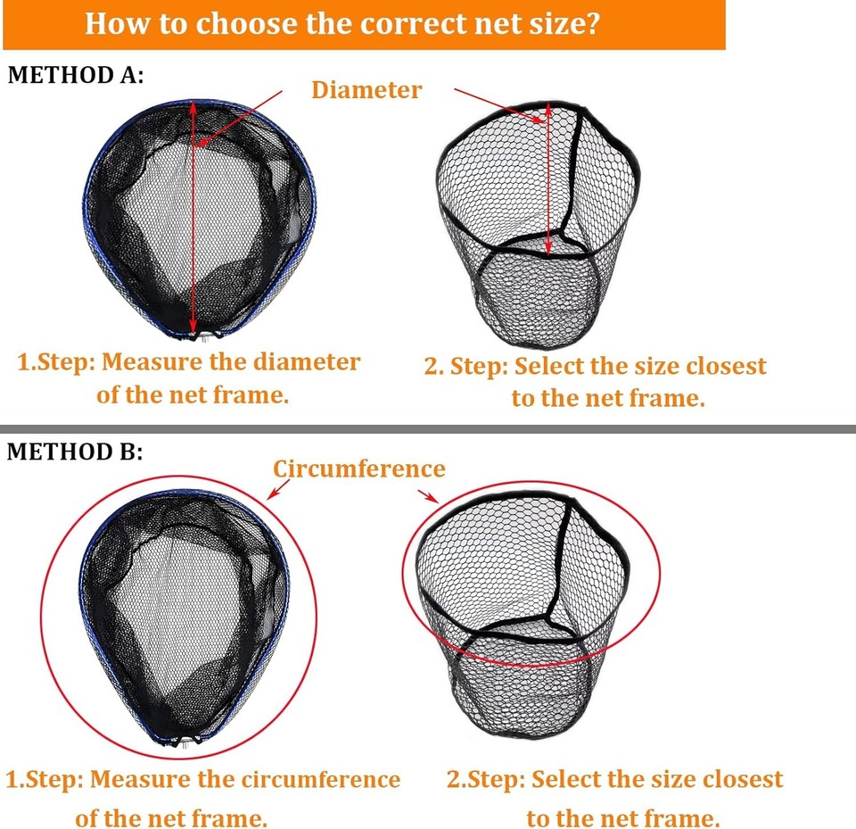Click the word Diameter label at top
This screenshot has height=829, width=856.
point(366,89)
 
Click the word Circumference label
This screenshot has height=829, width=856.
point(358,468)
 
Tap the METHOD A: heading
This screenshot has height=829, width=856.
point(75,75)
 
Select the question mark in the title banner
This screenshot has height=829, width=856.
point(589,23)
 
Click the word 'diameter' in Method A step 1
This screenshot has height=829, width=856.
point(306,361)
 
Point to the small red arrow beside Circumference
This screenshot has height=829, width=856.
point(278,488)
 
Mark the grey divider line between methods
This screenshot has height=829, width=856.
point(428,429)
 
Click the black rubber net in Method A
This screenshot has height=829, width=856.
point(538,223)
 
